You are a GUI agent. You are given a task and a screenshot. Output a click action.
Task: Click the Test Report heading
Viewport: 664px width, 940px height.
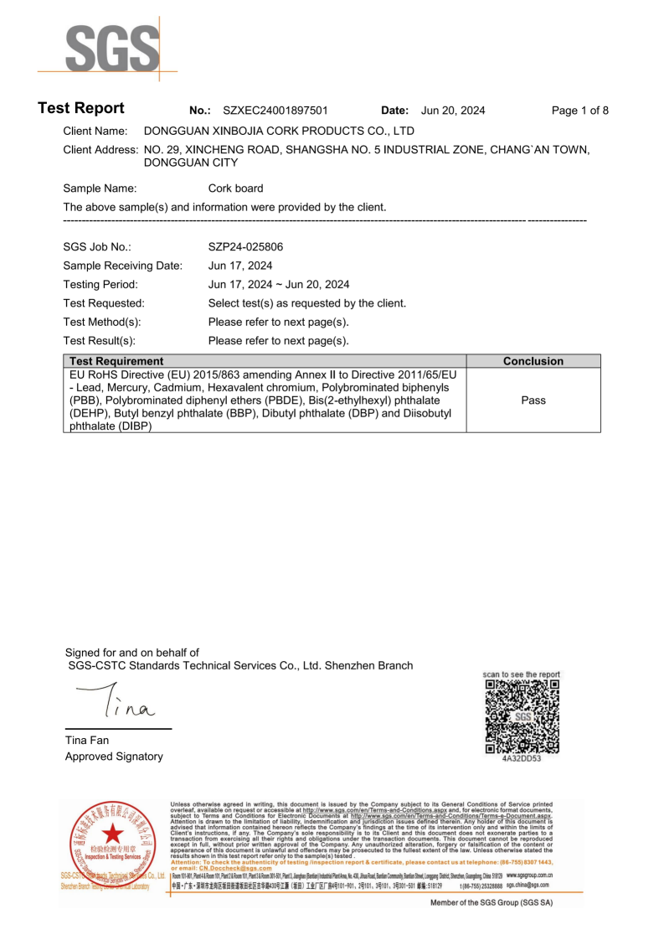81,109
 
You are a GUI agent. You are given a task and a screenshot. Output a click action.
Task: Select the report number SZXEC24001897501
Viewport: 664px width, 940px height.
275,111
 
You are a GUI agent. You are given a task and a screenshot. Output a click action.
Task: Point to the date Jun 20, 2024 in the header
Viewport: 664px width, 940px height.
453,111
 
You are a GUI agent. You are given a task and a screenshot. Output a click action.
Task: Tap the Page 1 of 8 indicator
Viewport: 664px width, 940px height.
580,111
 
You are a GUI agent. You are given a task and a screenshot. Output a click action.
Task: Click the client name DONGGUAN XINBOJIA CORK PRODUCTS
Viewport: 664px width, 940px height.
280,132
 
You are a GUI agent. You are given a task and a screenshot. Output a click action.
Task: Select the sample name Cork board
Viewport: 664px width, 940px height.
235,189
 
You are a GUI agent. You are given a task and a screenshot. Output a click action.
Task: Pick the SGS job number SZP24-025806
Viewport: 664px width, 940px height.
245,247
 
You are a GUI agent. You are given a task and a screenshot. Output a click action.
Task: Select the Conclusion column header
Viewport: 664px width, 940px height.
533,361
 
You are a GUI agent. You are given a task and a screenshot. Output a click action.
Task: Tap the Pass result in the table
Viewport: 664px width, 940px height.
533,400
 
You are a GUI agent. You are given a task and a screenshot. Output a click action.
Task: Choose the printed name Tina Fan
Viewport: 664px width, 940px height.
87,740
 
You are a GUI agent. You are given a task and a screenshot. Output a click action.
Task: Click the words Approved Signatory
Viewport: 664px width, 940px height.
114,757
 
